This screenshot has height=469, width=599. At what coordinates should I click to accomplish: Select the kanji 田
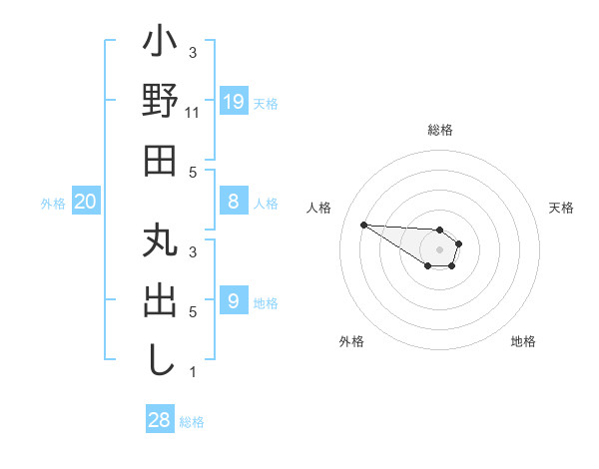(161, 160)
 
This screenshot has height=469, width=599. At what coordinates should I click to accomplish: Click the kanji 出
(161, 302)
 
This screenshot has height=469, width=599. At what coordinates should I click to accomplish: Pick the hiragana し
(161, 358)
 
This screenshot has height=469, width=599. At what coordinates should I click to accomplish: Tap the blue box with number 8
(233, 202)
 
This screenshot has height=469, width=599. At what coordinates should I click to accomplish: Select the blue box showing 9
(233, 300)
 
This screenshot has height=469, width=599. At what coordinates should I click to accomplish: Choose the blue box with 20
(86, 202)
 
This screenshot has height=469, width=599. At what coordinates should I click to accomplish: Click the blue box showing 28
(159, 420)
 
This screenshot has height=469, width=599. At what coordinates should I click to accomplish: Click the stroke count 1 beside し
(193, 372)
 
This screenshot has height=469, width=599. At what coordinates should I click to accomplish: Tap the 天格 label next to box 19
(266, 104)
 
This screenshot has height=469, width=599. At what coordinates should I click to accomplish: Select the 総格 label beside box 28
(192, 423)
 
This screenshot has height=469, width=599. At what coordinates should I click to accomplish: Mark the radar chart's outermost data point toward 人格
(363, 225)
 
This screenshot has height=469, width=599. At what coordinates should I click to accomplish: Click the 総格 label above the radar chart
(440, 131)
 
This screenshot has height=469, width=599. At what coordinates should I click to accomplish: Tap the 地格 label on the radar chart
(523, 341)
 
